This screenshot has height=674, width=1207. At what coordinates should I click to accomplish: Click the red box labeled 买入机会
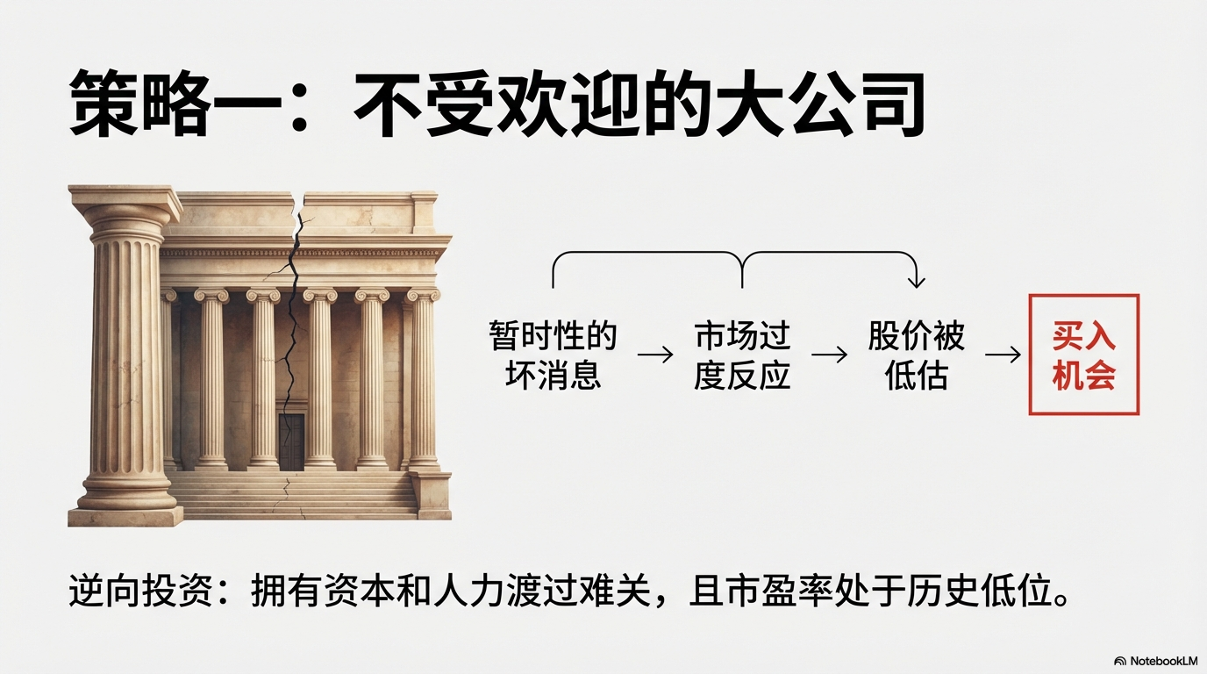pos(1083,355)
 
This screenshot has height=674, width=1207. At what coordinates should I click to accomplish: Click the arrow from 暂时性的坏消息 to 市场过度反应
pos(655,355)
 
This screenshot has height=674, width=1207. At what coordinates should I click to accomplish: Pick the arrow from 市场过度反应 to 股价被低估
pos(829,355)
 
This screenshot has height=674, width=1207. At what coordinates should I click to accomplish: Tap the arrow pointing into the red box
pos(1003,355)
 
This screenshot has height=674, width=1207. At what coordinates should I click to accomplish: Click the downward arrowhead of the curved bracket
pos(916,282)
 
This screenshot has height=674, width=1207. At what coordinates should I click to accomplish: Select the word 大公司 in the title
pos(819,103)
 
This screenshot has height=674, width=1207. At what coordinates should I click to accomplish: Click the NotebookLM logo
pos(1155,661)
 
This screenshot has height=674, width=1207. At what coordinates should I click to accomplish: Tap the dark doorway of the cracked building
pos(291,442)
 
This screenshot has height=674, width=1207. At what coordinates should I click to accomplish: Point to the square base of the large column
pos(126,515)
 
